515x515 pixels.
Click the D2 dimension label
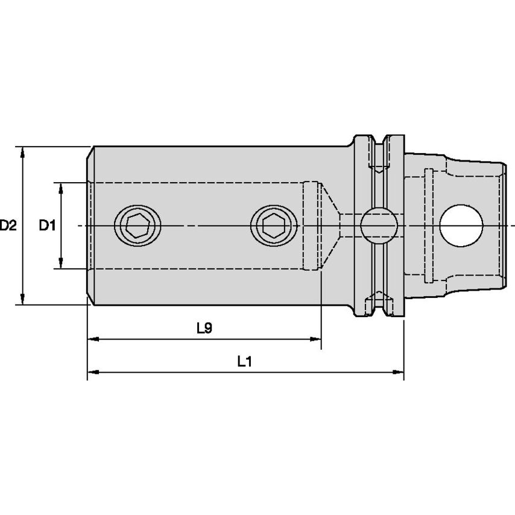click(8, 226)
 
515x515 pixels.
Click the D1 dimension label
click(47, 226)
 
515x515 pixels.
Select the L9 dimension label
click(204, 328)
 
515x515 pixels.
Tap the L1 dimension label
click(244, 361)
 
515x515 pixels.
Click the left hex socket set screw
click(139, 226)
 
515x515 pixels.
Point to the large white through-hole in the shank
click(462, 226)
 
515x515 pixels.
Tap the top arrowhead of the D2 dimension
click(23, 151)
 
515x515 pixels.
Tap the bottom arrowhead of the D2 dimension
click(23, 299)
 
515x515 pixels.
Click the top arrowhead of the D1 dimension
click(61, 188)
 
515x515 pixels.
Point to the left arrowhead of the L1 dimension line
click(92, 373)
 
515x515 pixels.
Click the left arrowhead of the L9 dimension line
click(92, 340)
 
